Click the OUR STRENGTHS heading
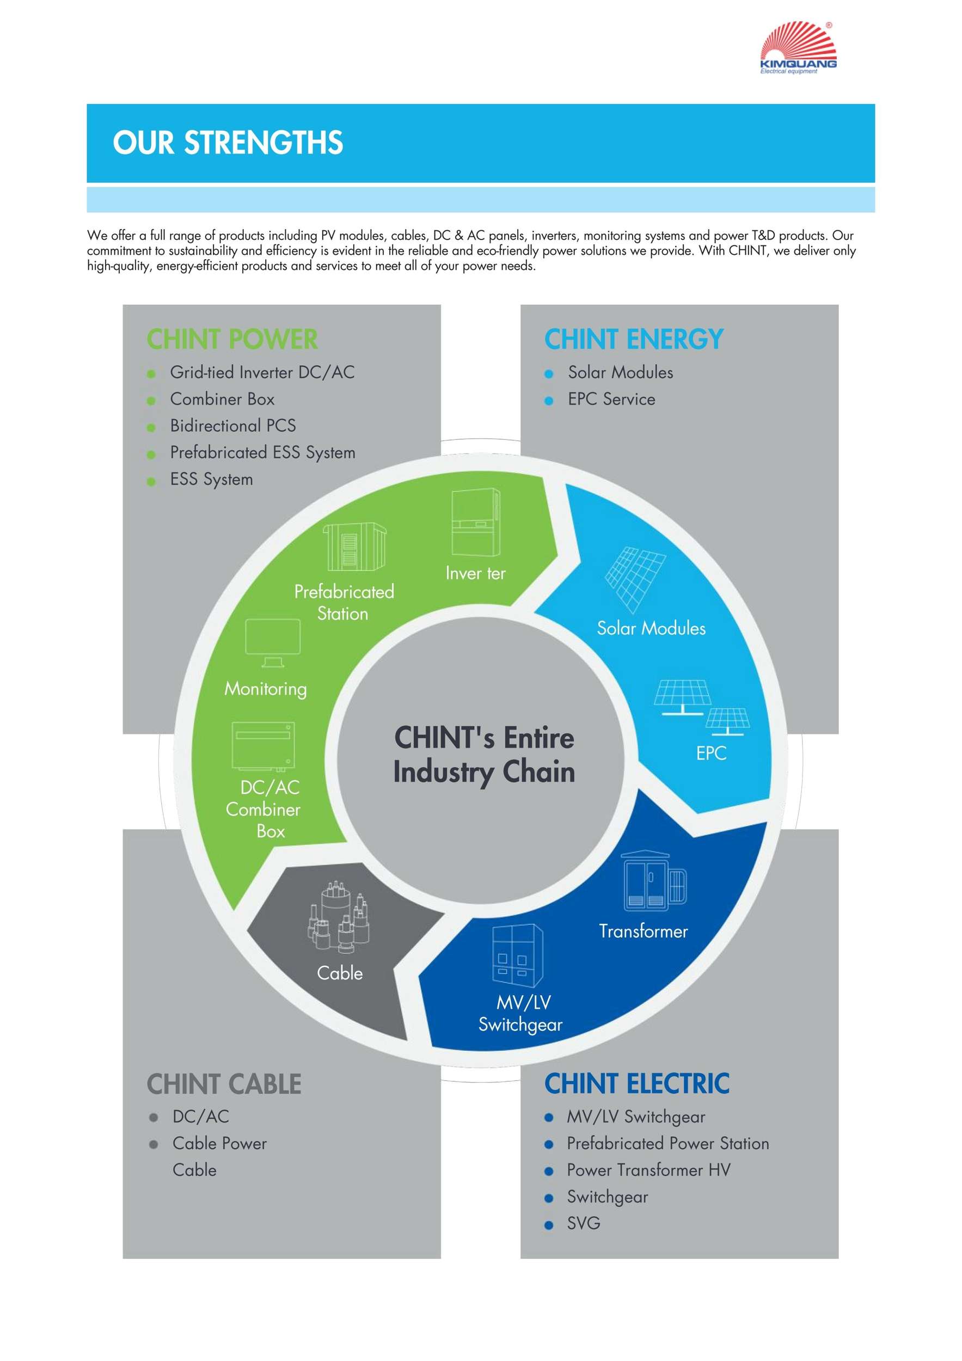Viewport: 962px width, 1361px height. point(228,143)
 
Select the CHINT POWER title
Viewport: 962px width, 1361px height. point(232,340)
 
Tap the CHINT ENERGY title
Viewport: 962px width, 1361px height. point(634,340)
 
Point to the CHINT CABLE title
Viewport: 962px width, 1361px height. point(224,1084)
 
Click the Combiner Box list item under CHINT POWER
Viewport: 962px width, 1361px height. point(222,399)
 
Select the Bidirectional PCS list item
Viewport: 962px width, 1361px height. point(233,426)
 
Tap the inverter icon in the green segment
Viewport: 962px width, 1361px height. point(476,522)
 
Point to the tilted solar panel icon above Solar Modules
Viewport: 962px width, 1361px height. point(635,579)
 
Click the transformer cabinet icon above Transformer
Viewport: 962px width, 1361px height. point(654,881)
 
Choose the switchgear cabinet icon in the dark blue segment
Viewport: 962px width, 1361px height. point(517,955)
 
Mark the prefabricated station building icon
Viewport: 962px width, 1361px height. point(354,547)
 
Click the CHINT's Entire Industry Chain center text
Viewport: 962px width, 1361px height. point(484,755)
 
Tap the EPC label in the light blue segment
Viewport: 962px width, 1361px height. point(711,753)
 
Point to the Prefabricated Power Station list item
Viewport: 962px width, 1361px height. point(668,1143)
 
